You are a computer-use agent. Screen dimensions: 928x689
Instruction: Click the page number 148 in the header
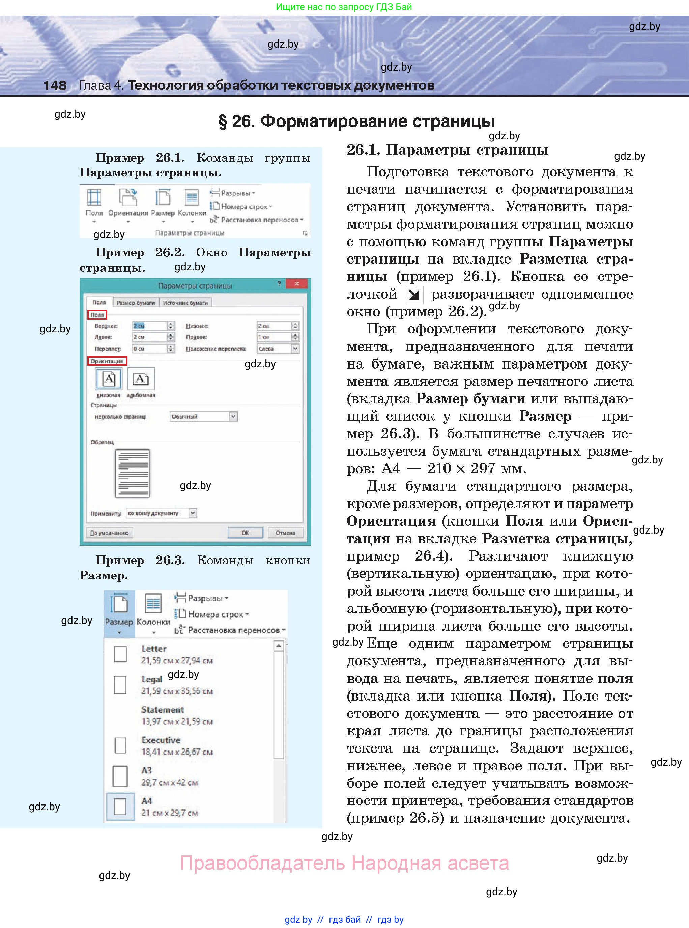(55, 85)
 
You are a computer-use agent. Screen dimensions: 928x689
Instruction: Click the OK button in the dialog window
(245, 533)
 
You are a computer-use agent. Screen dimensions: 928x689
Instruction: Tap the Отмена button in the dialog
(285, 533)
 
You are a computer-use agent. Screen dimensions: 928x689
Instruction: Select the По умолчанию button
(110, 533)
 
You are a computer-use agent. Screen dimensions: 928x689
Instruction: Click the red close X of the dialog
(296, 284)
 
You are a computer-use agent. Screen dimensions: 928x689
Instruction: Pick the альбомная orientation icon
(141, 379)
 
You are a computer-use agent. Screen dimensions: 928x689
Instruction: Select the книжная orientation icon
(109, 379)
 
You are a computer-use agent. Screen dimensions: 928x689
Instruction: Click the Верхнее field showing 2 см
(149, 326)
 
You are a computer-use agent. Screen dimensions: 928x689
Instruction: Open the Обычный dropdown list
(204, 416)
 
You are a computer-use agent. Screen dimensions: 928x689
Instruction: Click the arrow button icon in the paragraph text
(414, 295)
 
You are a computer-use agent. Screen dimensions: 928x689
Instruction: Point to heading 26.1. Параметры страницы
(447, 150)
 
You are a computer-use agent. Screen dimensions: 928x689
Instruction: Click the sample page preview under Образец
(132, 473)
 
